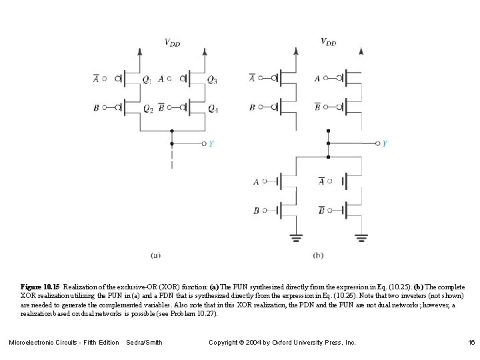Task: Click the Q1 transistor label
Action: tap(146, 81)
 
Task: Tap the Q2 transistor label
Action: tap(147, 109)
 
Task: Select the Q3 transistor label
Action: tap(212, 81)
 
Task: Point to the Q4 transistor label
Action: tap(213, 109)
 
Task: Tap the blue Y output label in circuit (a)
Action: tap(211, 143)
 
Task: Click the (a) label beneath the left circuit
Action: tap(155, 254)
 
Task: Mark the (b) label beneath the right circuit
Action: tap(318, 254)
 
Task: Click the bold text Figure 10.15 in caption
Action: tap(41, 286)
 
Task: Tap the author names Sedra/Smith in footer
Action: tap(144, 343)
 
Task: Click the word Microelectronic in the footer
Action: tap(32, 343)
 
